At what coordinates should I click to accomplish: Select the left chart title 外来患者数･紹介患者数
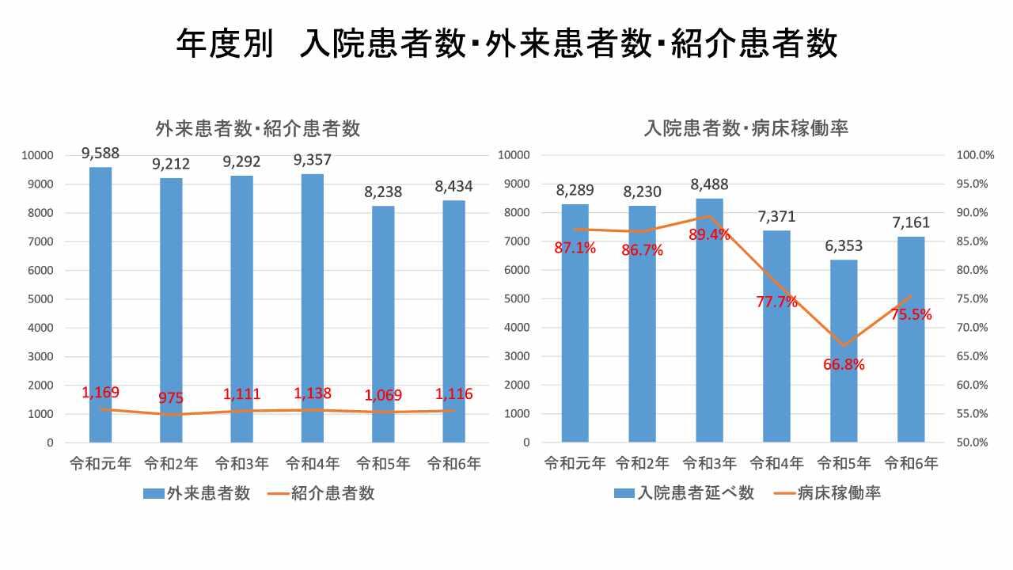258,128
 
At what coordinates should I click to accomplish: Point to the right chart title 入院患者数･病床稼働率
746,127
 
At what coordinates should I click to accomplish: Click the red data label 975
171,398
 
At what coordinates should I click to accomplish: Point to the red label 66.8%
844,365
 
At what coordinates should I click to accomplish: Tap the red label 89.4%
709,234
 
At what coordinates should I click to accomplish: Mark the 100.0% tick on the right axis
975,155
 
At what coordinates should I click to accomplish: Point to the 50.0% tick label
975,443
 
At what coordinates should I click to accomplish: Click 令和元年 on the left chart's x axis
101,464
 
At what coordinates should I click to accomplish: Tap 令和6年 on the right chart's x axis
911,464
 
